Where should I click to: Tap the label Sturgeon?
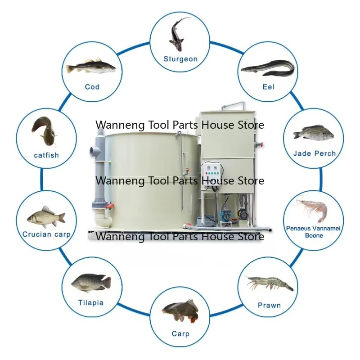tap(180, 59)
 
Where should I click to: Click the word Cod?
tap(92, 86)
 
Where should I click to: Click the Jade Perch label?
tap(315, 153)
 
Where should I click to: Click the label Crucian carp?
tap(46, 234)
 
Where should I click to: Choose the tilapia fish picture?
tap(91, 282)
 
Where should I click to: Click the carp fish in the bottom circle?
tap(180, 311)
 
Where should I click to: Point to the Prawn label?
tap(269, 305)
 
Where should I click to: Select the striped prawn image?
tap(270, 283)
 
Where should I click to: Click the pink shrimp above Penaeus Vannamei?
tap(310, 209)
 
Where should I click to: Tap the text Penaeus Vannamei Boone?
tap(314, 232)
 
